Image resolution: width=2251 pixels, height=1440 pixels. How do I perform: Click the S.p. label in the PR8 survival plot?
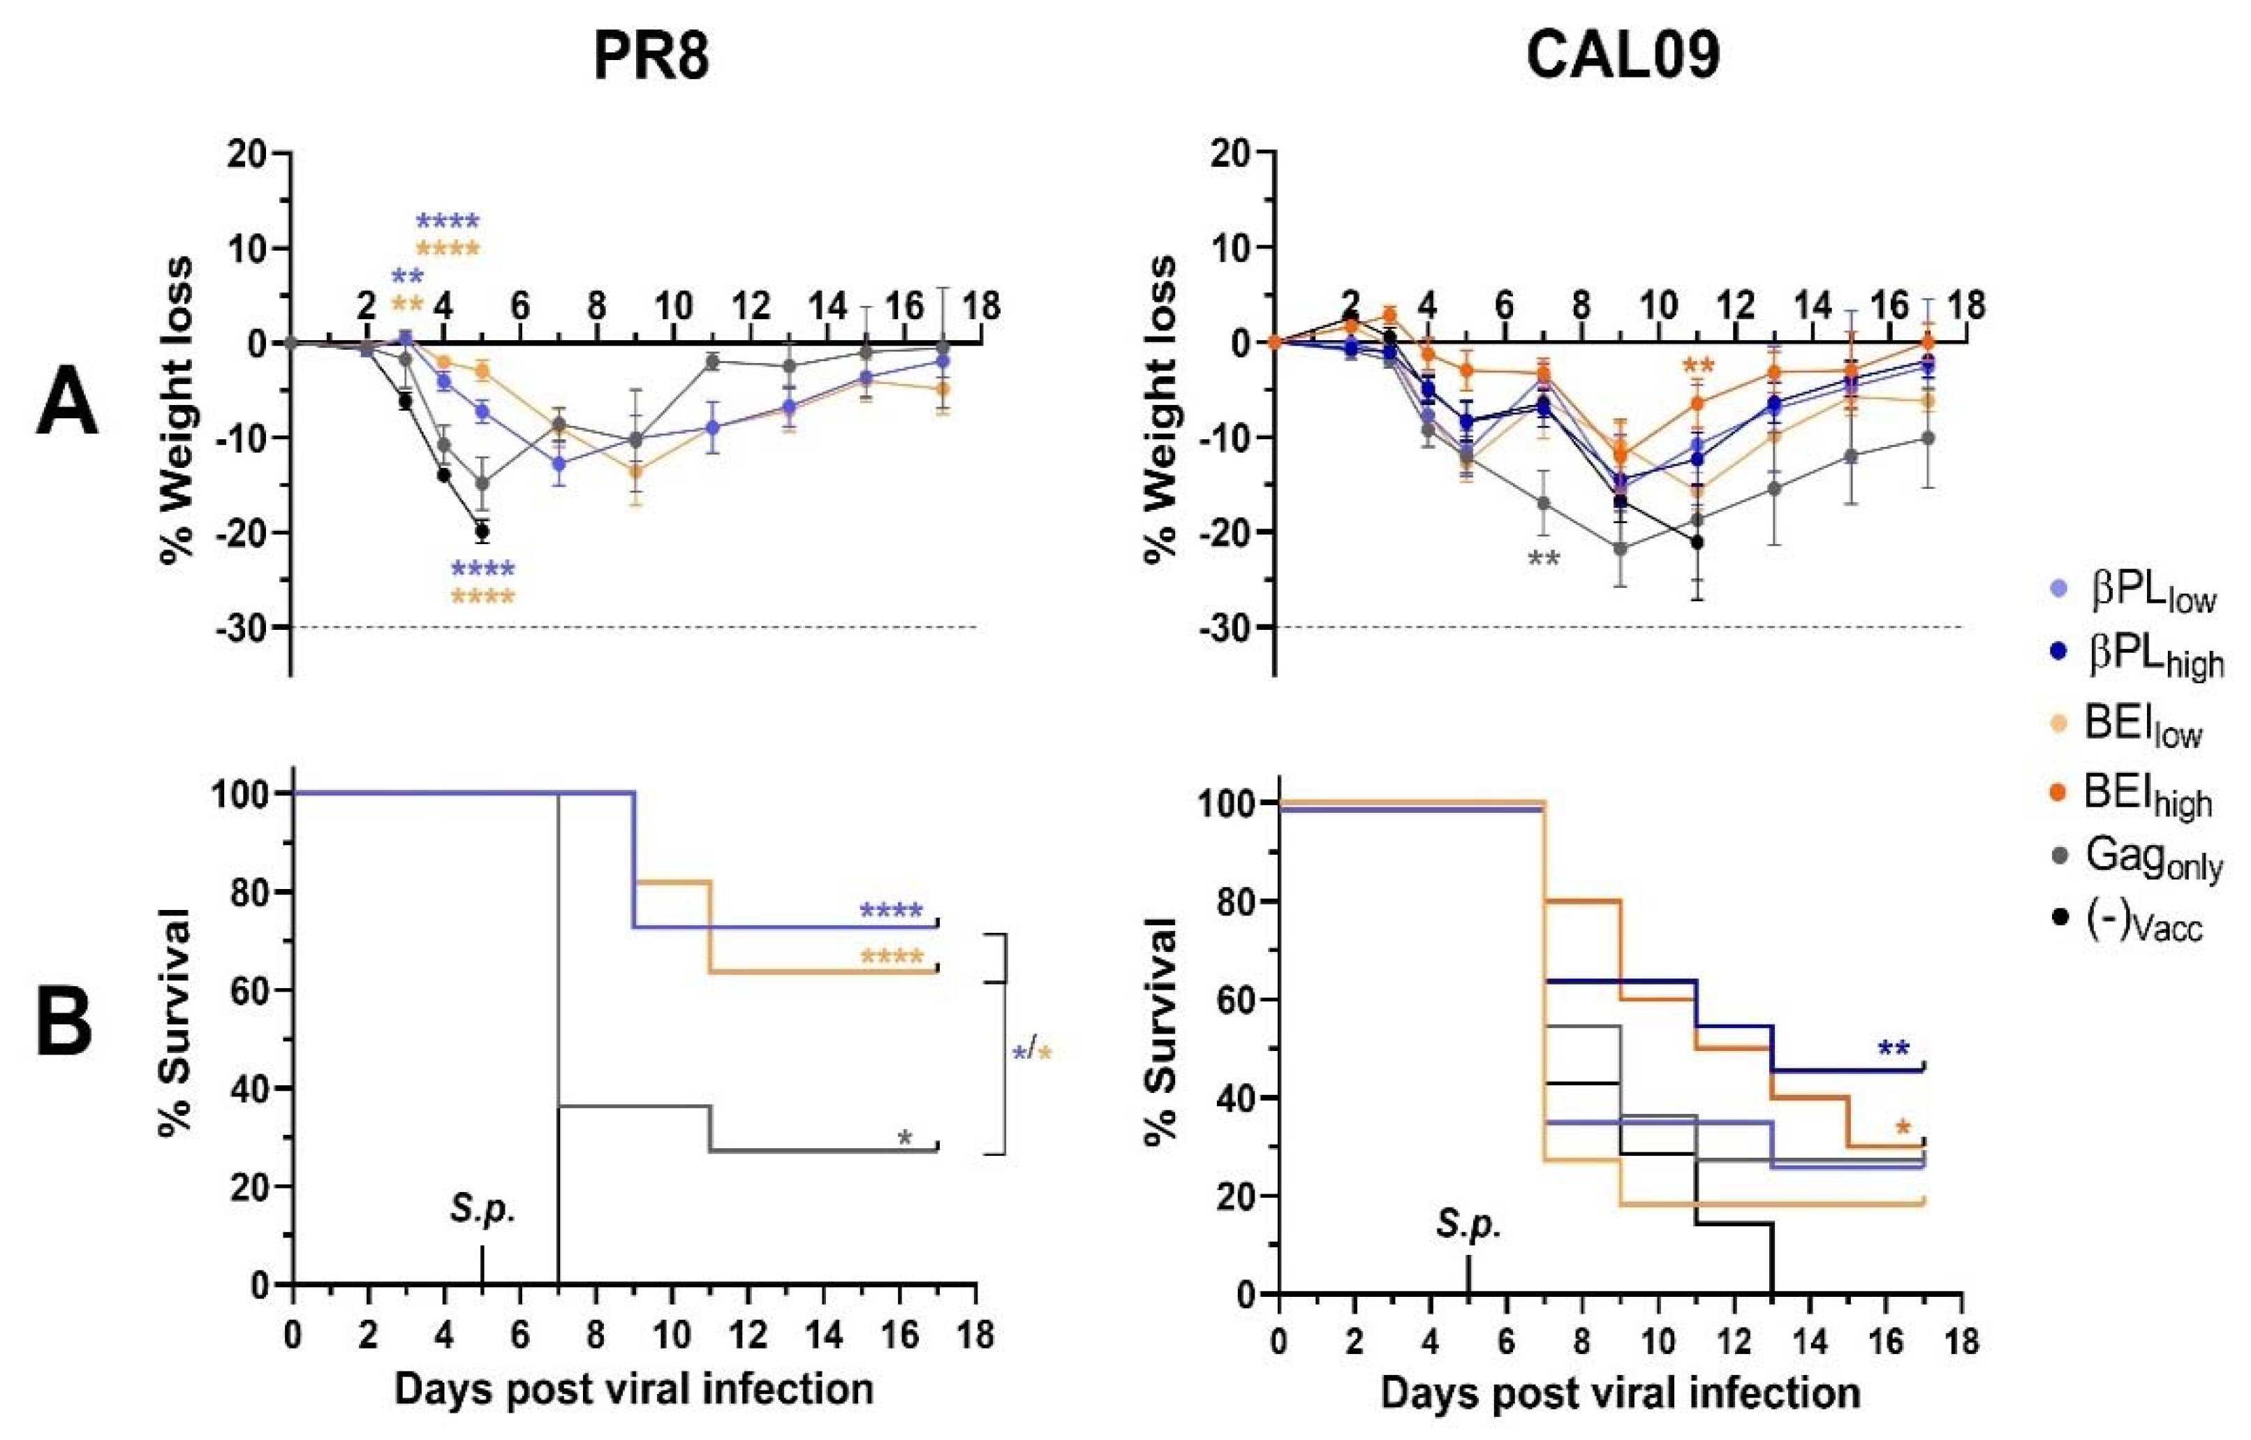click(482, 1210)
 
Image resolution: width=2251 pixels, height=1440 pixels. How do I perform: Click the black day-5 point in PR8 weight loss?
click(482, 531)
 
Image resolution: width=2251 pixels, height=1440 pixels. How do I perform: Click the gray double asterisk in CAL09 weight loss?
click(1543, 559)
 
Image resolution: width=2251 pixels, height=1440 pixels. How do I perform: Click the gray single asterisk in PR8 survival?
click(904, 1138)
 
